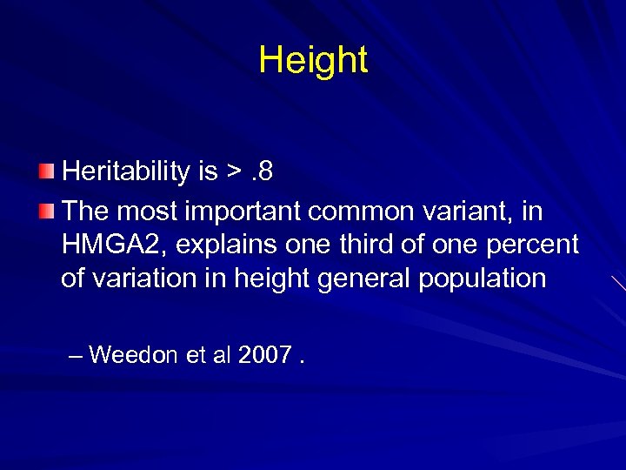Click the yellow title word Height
click(x=313, y=60)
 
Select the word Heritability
click(x=126, y=171)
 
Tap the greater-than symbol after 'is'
click(x=234, y=172)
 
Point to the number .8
click(x=262, y=171)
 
